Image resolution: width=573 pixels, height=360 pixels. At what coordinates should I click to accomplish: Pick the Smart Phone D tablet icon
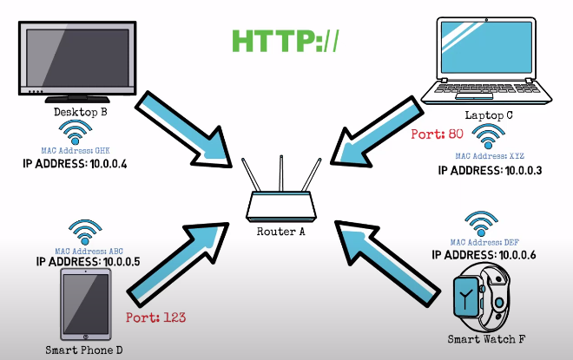click(x=84, y=304)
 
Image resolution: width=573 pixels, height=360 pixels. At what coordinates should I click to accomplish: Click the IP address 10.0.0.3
click(x=491, y=171)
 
